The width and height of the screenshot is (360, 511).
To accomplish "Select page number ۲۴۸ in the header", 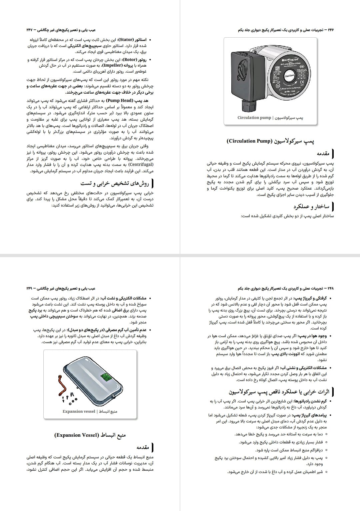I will (x=331, y=288).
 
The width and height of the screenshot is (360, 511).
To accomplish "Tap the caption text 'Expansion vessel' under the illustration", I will (x=79, y=411).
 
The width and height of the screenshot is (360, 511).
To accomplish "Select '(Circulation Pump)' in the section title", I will (x=247, y=141).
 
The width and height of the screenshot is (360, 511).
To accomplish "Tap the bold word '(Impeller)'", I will (x=111, y=66).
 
